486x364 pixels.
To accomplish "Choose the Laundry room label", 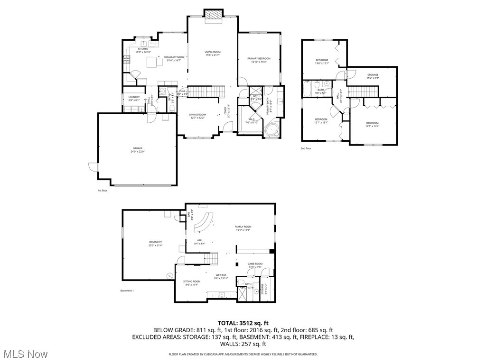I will [134, 98].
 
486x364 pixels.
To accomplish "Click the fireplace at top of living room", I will [213, 16].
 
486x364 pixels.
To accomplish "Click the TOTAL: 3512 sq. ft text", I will [243, 323].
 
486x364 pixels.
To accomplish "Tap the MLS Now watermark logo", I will [24, 354].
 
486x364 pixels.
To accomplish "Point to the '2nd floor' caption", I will [306, 148].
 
